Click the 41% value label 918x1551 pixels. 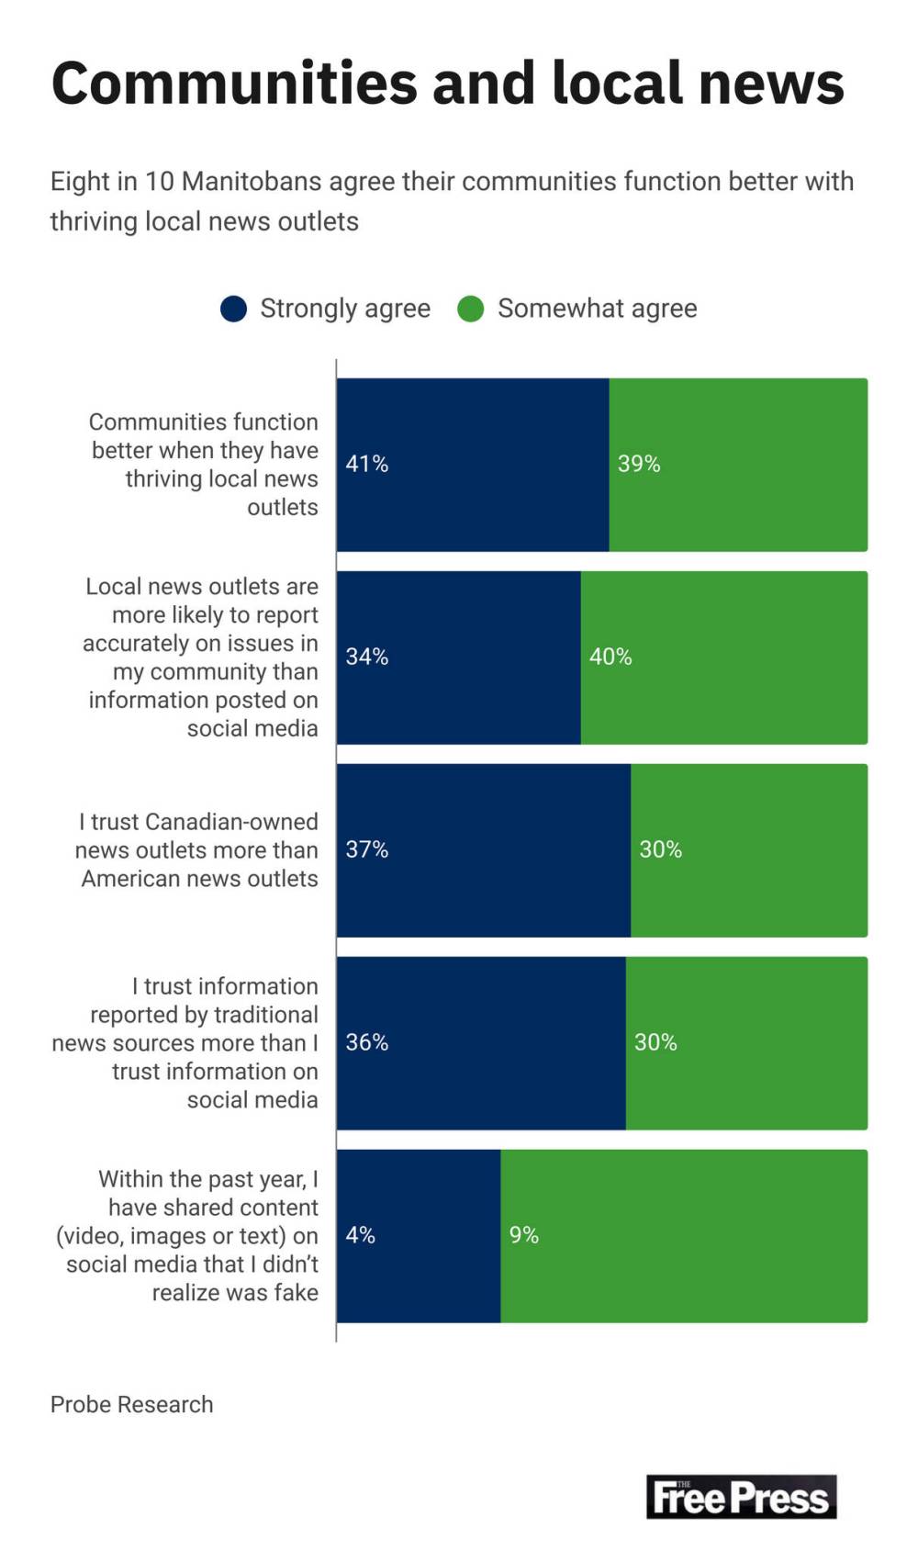[x=366, y=464]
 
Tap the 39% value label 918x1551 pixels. [x=639, y=464]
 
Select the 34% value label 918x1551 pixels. [x=366, y=657]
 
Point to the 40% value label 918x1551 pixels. [x=610, y=657]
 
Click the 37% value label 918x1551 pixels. [x=366, y=849]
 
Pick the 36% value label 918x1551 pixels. [x=366, y=1042]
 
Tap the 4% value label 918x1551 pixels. [x=360, y=1235]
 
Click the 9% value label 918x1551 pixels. [x=524, y=1235]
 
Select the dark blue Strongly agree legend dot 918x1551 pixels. [x=234, y=309]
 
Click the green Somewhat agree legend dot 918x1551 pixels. [x=471, y=309]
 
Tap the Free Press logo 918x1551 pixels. [x=741, y=1496]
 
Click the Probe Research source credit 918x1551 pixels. [x=131, y=1404]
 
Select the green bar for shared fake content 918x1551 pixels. [x=684, y=1235]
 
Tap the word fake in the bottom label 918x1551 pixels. [x=296, y=1292]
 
